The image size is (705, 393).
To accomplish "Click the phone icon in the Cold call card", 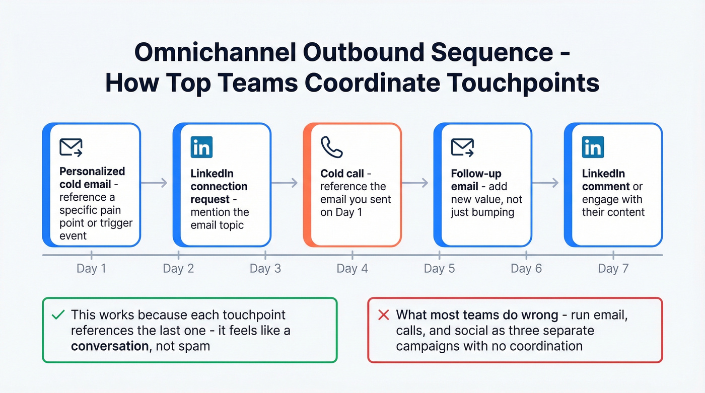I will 331,147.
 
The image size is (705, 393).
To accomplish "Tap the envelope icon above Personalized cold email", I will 70,147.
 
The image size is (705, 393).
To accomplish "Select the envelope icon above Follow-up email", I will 462,147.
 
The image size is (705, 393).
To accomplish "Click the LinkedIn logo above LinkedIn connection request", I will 201,147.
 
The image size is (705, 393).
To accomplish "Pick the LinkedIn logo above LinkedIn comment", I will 593,147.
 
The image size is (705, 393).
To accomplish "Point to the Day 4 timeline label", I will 352,268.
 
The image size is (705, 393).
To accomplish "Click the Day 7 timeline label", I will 613,268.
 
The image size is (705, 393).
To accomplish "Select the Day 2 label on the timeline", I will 178,268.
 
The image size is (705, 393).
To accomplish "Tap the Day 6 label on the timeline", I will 526,268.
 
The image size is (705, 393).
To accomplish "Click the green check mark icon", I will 58,316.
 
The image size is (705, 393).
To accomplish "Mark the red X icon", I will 383,316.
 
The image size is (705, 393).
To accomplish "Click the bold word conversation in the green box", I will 107,346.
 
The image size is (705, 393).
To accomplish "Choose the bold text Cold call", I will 342,174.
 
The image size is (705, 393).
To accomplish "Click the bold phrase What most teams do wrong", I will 477,316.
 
